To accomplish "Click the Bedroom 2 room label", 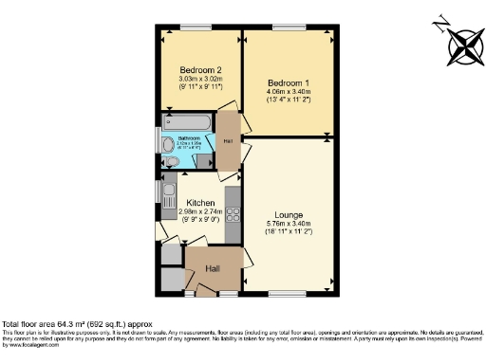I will click(200, 69).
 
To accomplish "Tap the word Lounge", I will click(289, 214).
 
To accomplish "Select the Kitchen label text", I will click(200, 203).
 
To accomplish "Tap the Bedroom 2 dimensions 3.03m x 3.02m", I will click(200, 80).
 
